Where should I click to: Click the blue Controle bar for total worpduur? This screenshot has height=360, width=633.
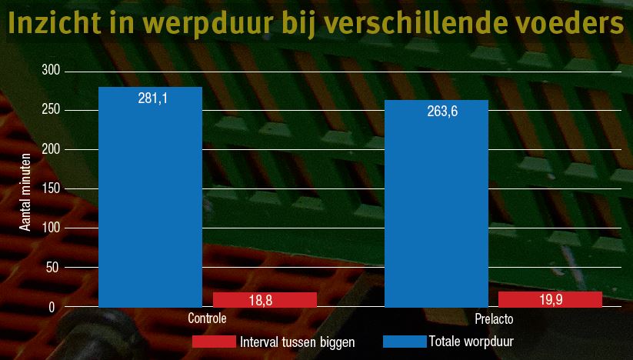point(151,200)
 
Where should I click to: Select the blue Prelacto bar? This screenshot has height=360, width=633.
point(436,208)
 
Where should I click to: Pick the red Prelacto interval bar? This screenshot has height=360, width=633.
point(550,299)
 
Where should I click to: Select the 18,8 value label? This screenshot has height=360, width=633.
point(260,301)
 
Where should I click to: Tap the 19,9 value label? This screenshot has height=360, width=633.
point(549,300)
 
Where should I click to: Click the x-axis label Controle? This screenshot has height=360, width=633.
point(207,318)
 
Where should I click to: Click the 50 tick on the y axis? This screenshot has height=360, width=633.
point(53,268)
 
